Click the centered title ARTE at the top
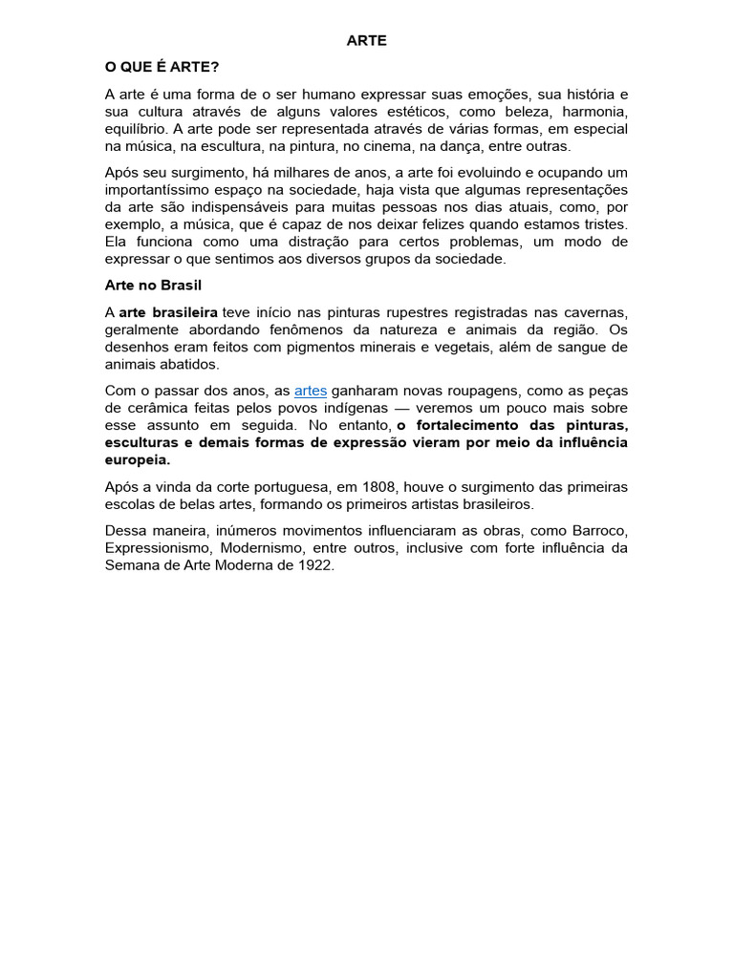pyautogui.click(x=366, y=41)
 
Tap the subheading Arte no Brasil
pyautogui.click(x=153, y=286)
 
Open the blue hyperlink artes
pyautogui.click(x=311, y=391)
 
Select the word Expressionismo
pyautogui.click(x=158, y=548)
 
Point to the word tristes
pyautogui.click(x=602, y=223)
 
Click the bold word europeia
pyautogui.click(x=137, y=459)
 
